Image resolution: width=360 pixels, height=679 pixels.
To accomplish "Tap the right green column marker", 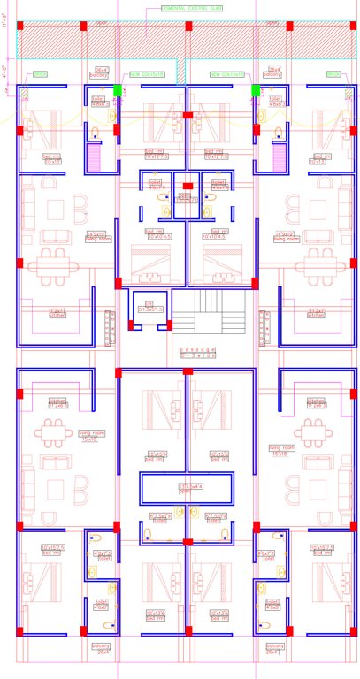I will click(256, 89).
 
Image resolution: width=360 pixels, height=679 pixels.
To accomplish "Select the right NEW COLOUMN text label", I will click(226, 74).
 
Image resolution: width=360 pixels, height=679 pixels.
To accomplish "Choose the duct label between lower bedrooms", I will click(187, 487).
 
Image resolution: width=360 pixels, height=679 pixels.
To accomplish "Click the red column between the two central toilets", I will click(187, 186).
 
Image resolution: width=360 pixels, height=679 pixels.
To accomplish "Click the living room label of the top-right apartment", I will click(283, 237).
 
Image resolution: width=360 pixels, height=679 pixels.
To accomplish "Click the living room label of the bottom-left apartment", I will click(89, 435).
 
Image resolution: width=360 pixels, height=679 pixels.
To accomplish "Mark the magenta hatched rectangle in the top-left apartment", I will click(94, 158).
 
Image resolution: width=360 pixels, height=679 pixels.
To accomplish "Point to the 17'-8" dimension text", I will click(7, 27).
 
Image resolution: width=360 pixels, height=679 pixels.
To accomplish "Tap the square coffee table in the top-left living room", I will click(56, 210).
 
